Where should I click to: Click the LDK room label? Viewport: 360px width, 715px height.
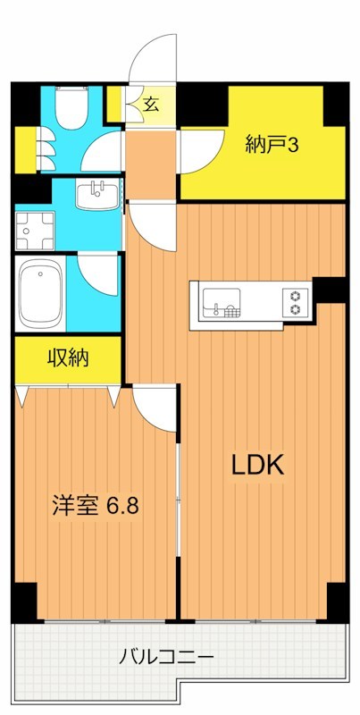coord(257,465)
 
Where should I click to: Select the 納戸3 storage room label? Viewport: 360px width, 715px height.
coord(272,143)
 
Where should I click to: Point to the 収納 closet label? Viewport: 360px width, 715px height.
coord(68,359)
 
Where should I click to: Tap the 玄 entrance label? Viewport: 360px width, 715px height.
coord(151,105)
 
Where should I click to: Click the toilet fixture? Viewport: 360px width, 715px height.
coord(68,112)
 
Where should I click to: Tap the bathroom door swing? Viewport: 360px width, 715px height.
coord(98,273)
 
